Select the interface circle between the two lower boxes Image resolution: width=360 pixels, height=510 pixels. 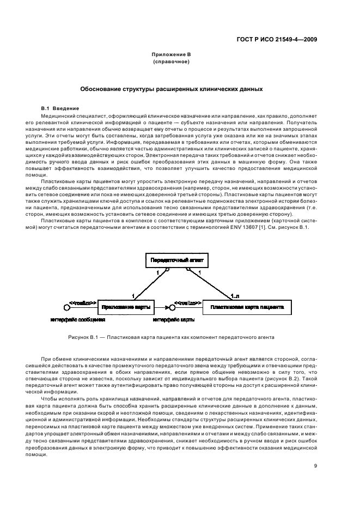171,308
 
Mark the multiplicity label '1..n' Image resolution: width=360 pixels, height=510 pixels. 235,296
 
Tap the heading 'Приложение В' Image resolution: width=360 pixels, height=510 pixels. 171,55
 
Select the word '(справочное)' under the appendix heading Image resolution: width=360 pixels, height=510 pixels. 171,62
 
